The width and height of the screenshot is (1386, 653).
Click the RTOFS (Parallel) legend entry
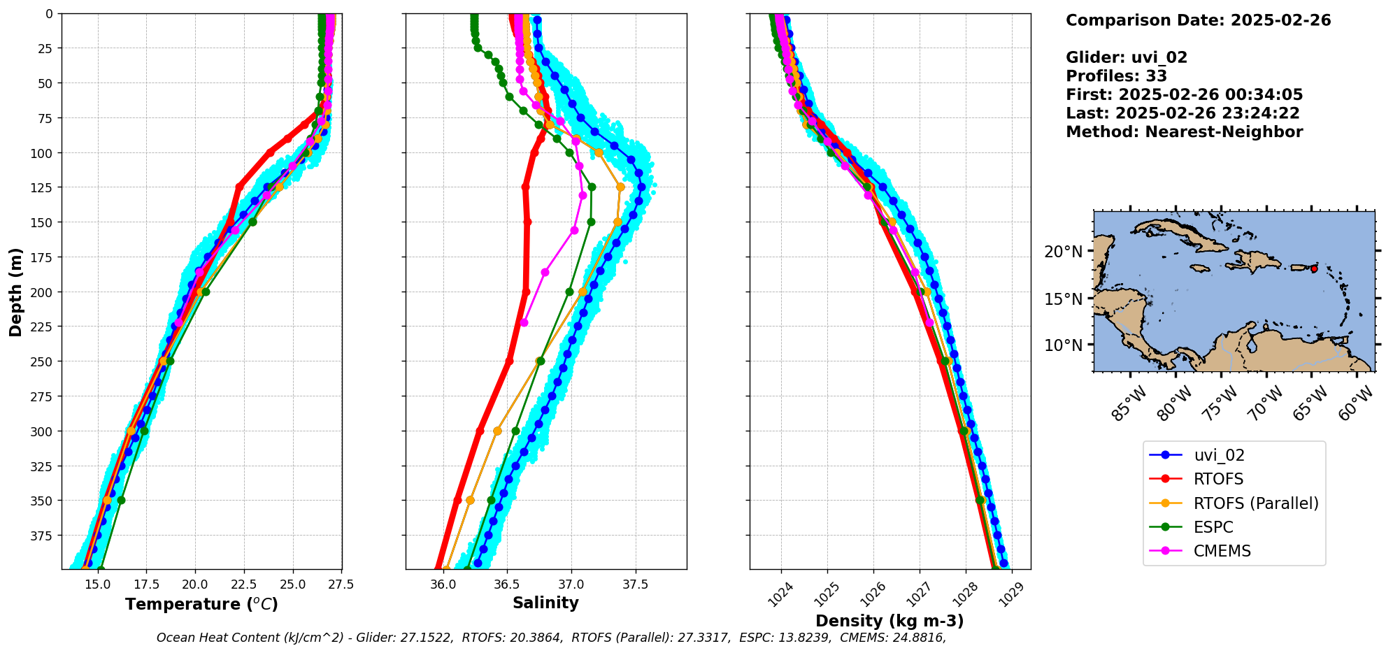coord(1255,503)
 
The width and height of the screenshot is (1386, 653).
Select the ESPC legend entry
coord(1213,527)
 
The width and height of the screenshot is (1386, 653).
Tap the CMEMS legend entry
coord(1222,551)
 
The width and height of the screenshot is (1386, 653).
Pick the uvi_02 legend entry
coord(1219,455)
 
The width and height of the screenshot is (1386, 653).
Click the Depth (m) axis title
coord(15,292)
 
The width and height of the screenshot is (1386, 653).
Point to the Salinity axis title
coord(545,603)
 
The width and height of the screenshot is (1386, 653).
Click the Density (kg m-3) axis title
coord(890,621)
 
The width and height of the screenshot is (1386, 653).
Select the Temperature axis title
coord(201,604)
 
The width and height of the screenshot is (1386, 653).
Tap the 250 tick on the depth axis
coord(43,361)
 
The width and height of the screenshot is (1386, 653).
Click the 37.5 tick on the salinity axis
coord(635,584)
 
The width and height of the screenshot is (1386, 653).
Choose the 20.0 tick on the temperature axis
coord(195,584)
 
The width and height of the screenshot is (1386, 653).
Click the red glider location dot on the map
coord(1314,268)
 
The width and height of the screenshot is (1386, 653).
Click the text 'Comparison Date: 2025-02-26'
coord(1198,20)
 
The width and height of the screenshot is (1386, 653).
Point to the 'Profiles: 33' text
coord(1116,76)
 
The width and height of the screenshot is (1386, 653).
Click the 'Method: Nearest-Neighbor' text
coord(1184,132)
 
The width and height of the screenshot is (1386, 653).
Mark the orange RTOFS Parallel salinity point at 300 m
coord(497,431)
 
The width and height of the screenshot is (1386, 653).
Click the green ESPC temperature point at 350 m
coord(121,500)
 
